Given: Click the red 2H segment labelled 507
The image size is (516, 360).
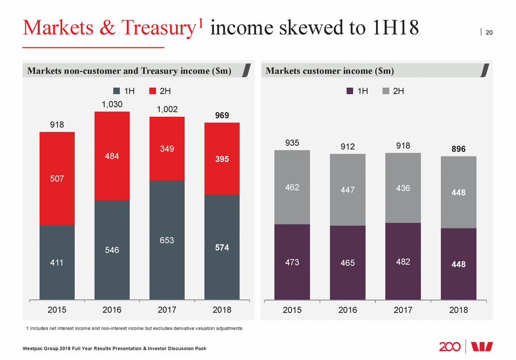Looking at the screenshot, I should point(57,179).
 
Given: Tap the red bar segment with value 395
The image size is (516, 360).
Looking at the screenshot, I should point(222,159).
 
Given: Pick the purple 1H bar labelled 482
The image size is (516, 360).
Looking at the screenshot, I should point(403,261).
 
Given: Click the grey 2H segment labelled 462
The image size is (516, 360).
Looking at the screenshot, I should point(292,187).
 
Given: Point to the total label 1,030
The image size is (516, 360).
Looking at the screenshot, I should point(112,104).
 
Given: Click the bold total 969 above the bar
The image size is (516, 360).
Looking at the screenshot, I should point(222,116).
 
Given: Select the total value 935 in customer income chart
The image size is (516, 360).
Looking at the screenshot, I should point(292,142).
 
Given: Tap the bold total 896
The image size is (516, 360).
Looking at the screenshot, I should point(458,149).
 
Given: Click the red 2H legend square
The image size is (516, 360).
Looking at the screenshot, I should point(153,91).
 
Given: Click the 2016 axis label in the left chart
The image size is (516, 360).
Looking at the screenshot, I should point(112,310).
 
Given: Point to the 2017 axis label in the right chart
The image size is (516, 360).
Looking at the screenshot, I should point(403,310).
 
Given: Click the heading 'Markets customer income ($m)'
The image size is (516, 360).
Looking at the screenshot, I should point(330,71).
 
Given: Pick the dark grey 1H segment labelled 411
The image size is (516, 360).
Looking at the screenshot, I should point(57,262).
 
